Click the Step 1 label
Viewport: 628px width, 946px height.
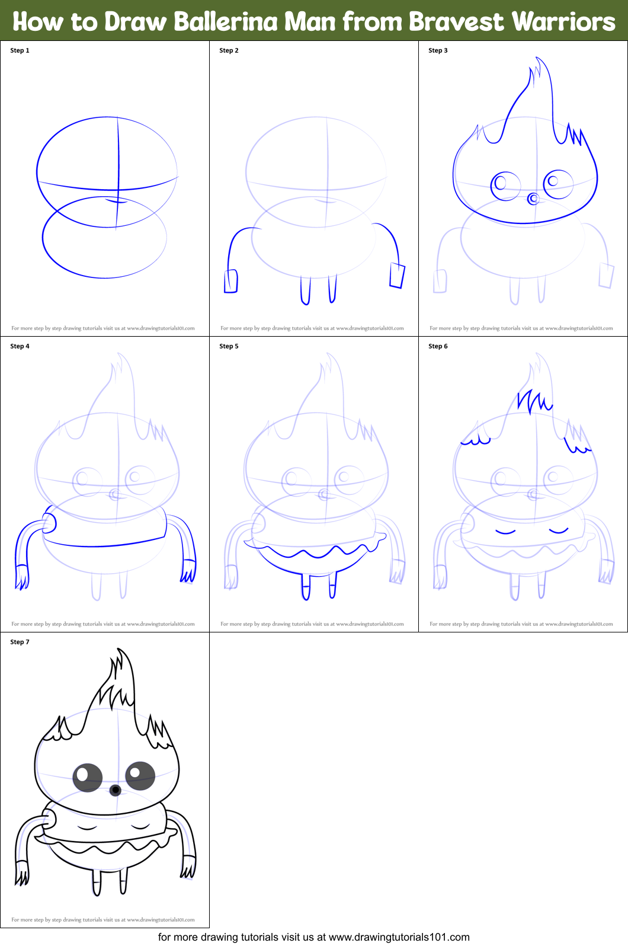[20, 50]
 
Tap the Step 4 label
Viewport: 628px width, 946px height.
[20, 346]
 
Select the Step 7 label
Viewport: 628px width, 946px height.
[20, 642]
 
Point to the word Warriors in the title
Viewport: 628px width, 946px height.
[563, 21]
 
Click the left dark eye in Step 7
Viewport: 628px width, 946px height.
[88, 777]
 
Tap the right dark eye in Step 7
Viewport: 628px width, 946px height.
[140, 775]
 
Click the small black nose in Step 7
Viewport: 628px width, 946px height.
[116, 790]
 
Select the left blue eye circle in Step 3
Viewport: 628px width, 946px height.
[504, 186]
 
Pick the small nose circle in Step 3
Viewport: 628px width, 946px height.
[533, 199]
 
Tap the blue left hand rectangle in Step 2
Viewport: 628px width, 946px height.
[230, 281]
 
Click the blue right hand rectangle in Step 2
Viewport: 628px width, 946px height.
[397, 276]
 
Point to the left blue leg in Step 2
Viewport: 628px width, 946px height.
[305, 290]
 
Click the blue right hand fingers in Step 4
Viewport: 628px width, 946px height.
[188, 573]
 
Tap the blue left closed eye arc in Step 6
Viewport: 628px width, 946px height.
[505, 531]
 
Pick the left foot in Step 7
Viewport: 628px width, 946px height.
[97, 889]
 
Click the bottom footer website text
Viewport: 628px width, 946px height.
[313, 937]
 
